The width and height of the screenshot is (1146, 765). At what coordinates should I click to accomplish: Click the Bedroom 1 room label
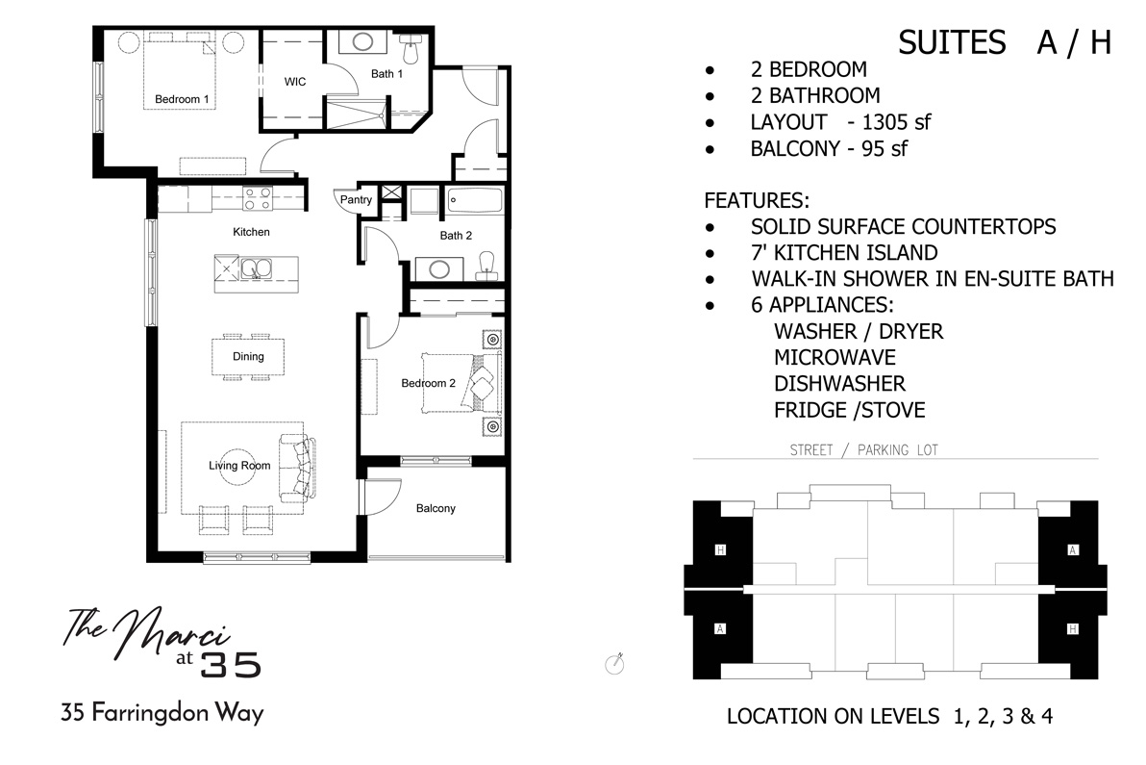coord(182,99)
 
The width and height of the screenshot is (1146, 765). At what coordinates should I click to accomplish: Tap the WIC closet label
coord(295,82)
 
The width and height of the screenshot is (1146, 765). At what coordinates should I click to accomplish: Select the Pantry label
coord(355,200)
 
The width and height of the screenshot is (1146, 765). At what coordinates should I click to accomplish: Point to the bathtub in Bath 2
coord(475,202)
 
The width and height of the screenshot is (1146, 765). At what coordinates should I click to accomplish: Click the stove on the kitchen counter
coord(257,198)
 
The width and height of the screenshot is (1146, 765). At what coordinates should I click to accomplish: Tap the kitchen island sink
coord(256,268)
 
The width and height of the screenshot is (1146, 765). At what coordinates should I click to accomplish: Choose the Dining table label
coord(247,356)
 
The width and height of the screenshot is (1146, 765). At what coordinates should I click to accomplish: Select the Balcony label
coord(436,508)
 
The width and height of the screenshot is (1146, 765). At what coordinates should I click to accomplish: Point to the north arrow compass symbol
coord(614,663)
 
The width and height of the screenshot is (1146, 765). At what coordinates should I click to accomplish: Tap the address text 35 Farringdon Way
coord(162,714)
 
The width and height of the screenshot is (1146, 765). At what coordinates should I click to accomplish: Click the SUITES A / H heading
coord(1005,43)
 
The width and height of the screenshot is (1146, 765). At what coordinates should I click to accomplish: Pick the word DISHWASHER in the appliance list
coord(839,384)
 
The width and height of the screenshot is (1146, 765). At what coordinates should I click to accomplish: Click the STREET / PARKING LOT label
coord(863,449)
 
